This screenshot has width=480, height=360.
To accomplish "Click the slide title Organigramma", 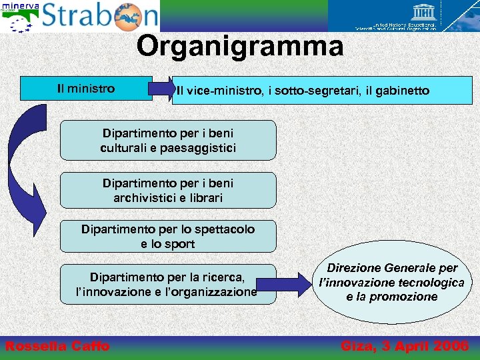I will click(x=240, y=47).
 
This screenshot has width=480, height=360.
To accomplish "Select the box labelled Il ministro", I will click(x=86, y=89).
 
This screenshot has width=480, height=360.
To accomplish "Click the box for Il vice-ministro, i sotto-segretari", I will click(x=303, y=91).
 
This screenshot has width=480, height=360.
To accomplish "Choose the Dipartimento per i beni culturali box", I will click(x=168, y=141).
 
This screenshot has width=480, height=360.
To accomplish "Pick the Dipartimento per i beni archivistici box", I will click(x=168, y=191).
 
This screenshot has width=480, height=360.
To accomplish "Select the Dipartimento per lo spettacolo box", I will click(x=168, y=237).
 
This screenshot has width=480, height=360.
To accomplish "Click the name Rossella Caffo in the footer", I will click(x=57, y=345).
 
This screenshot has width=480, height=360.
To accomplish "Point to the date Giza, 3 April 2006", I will click(x=405, y=345).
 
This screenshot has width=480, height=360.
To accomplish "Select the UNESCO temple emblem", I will click(x=424, y=11).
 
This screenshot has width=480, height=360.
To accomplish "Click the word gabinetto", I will click(x=401, y=91).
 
